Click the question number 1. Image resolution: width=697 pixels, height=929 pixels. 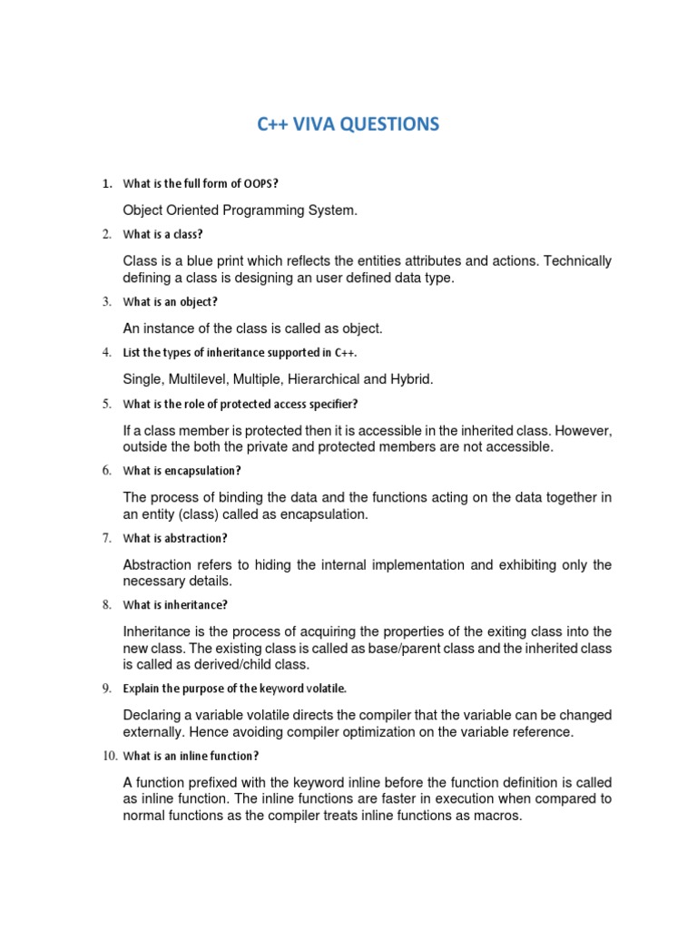coord(106,184)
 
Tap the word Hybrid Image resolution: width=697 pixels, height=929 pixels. coord(411,378)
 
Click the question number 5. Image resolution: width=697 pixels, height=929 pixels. coord(106,404)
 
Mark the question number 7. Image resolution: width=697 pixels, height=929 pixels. coord(106,538)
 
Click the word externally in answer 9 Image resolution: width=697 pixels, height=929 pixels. coord(155,732)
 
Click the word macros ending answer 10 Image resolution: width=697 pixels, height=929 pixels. coord(500,816)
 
